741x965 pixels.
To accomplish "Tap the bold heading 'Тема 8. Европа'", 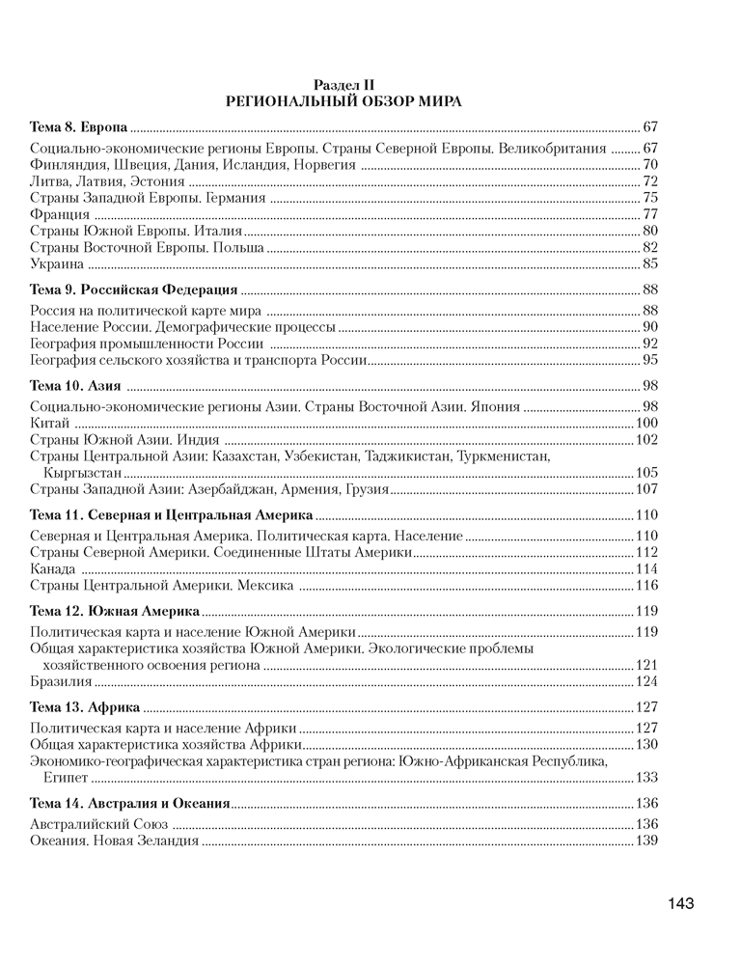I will coord(79,127).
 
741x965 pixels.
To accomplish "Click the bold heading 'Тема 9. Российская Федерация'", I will coord(134,289).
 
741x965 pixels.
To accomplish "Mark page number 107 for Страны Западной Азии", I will coord(646,489).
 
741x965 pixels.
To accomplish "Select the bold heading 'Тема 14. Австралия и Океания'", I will coord(130,803).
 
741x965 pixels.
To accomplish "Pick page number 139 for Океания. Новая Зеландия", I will coord(646,841).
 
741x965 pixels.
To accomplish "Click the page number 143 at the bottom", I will coord(679,903).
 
